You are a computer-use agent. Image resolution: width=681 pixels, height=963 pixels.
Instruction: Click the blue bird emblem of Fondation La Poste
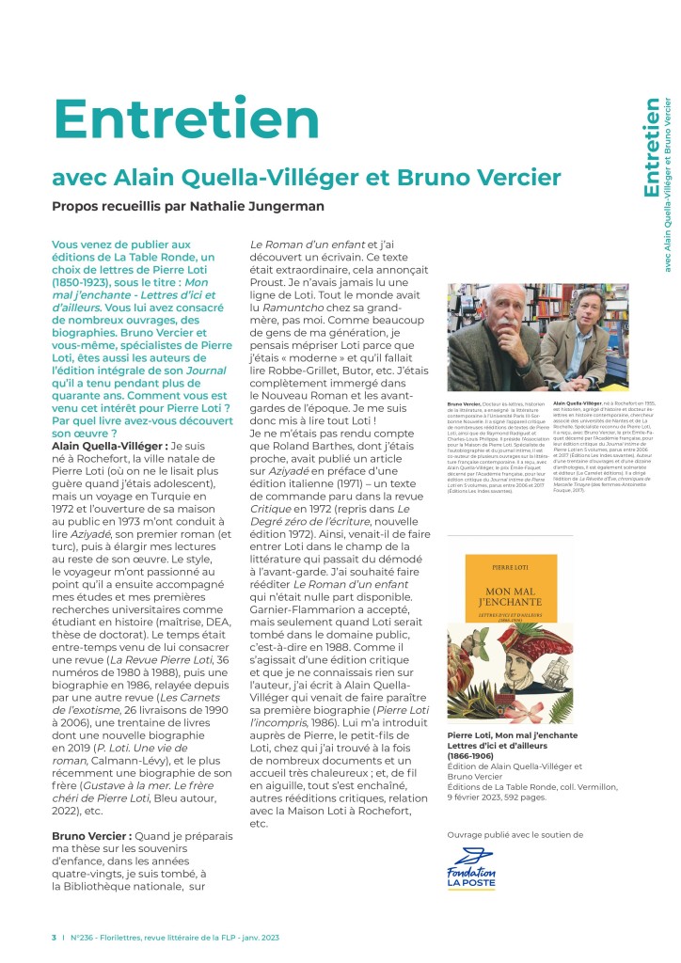(471, 859)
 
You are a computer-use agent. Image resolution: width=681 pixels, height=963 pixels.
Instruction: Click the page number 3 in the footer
(53, 938)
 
